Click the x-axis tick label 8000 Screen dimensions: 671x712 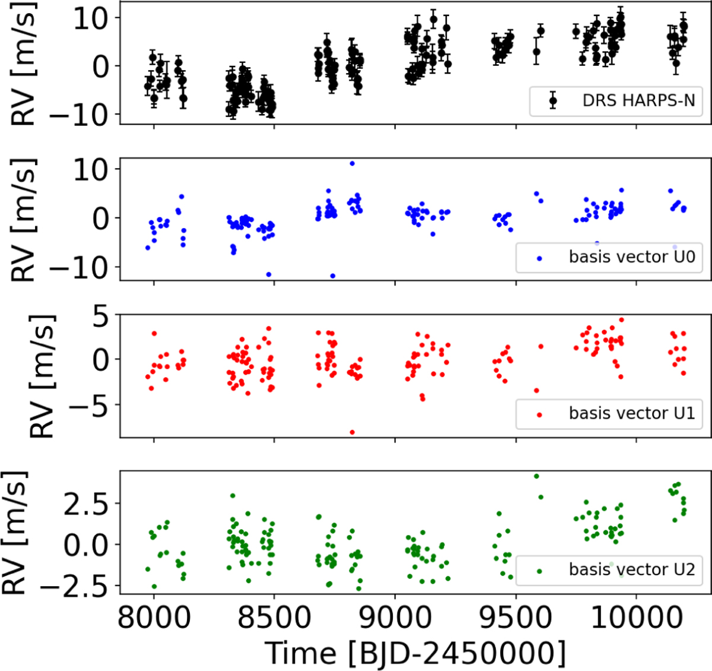pos(154,618)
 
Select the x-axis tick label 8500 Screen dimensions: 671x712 pos(274,618)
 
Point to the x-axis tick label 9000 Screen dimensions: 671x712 pos(395,618)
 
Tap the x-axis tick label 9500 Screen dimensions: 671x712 pos(516,618)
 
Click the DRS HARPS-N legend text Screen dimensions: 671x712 pos(638,100)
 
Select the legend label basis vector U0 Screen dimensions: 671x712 pos(632,257)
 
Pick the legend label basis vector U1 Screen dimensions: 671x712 pos(632,413)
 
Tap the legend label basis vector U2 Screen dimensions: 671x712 pos(632,569)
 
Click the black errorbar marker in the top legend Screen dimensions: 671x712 pos(553,101)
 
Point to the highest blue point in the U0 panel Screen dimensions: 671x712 pos(352,163)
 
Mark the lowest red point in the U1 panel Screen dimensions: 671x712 pos(352,432)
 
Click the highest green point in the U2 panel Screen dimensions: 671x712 pos(536,476)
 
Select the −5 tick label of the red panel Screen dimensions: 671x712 pos(85,405)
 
